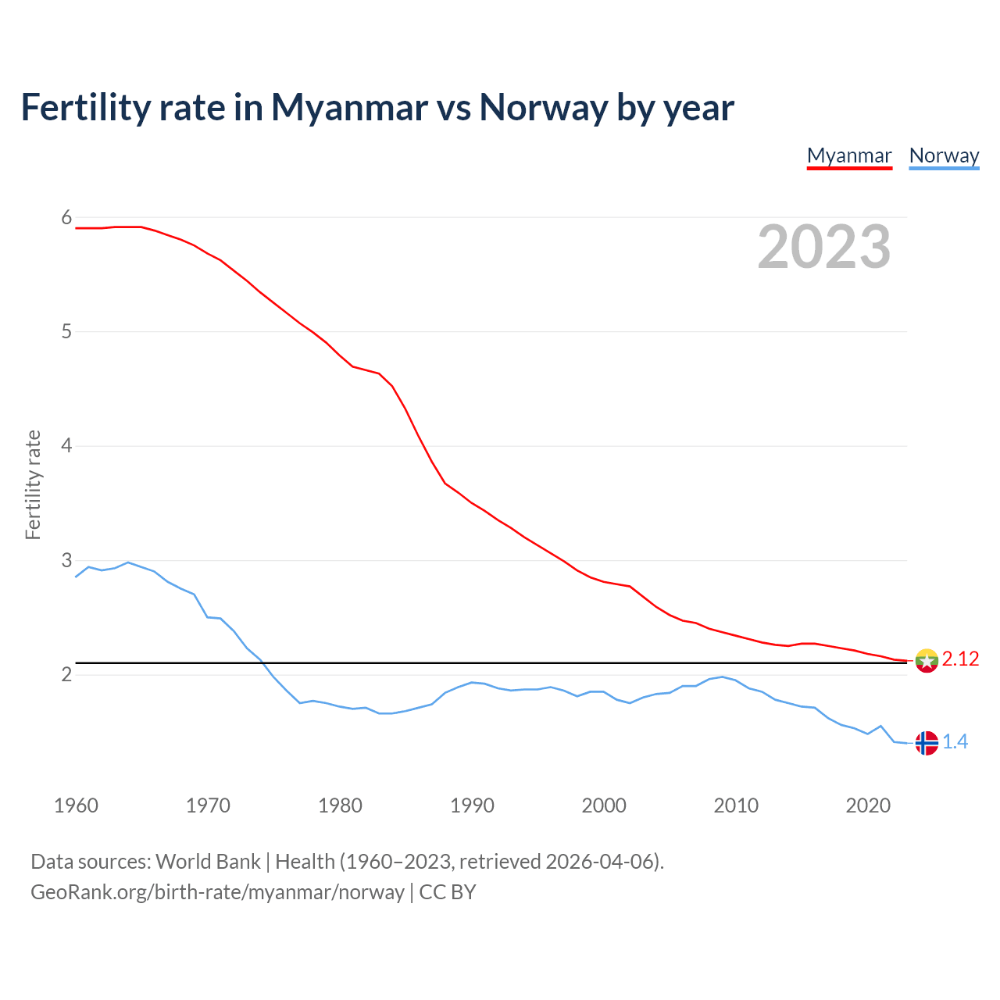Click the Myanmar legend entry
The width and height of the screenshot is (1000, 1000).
pyautogui.click(x=849, y=155)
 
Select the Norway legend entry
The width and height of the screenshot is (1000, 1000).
pyautogui.click(x=944, y=155)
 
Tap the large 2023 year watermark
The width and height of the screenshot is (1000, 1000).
pyautogui.click(x=824, y=247)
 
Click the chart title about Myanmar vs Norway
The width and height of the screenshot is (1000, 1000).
pyautogui.click(x=377, y=107)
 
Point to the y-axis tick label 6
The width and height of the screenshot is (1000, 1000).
pyautogui.click(x=66, y=217)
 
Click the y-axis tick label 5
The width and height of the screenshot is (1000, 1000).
pyautogui.click(x=66, y=331)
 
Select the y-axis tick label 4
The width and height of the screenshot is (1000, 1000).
pyautogui.click(x=66, y=446)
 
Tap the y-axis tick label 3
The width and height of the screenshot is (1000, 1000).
pyautogui.click(x=66, y=560)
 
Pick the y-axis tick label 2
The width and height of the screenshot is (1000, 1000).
pyautogui.click(x=66, y=674)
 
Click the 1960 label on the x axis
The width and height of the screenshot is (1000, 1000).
pyautogui.click(x=76, y=805)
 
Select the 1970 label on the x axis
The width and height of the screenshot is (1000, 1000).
pyautogui.click(x=208, y=805)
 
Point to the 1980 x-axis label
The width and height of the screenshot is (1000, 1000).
pyautogui.click(x=340, y=805)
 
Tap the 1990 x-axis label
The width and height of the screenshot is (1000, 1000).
pyautogui.click(x=472, y=805)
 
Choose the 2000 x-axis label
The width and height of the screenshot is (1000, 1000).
pyautogui.click(x=604, y=805)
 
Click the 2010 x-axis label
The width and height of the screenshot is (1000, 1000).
pyautogui.click(x=736, y=805)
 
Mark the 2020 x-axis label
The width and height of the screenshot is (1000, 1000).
pyautogui.click(x=868, y=805)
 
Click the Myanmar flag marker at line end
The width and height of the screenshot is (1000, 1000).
pyautogui.click(x=927, y=661)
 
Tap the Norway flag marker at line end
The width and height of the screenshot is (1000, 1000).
pyautogui.click(x=927, y=743)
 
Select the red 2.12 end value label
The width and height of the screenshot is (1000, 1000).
pyautogui.click(x=960, y=659)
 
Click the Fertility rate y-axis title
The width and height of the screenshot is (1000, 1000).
pyautogui.click(x=33, y=484)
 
